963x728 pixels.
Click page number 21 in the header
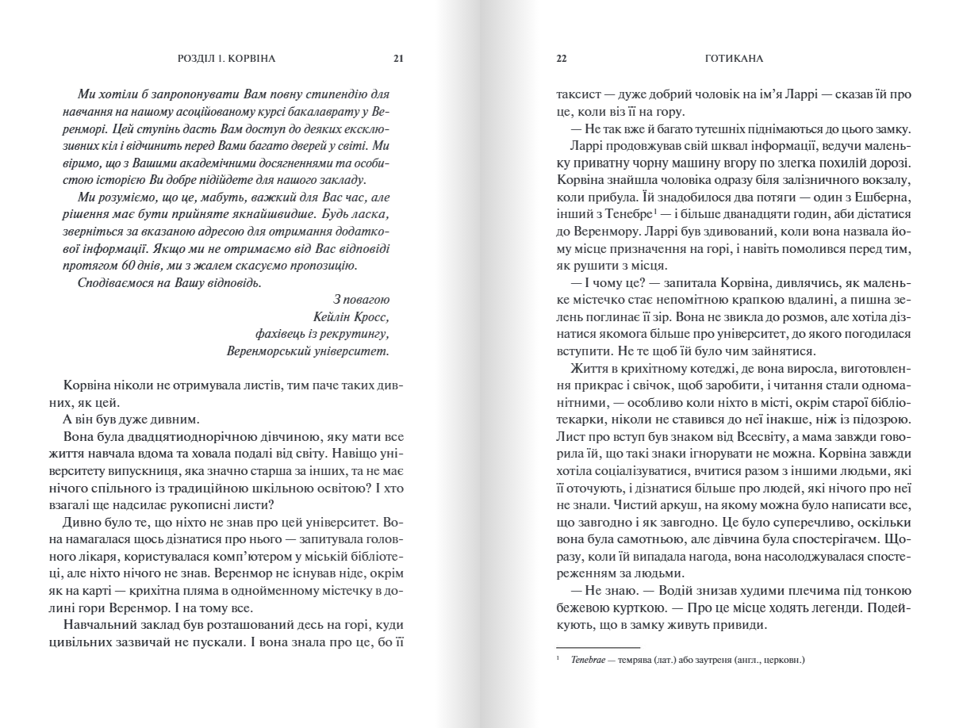pyautogui.click(x=398, y=58)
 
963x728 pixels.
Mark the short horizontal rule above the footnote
pyautogui.click(x=586, y=647)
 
